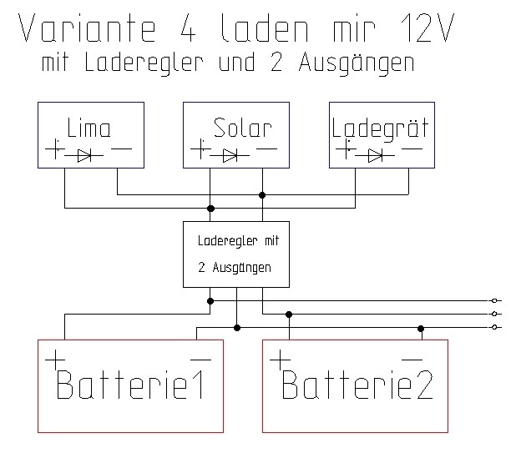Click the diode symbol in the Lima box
pos(83,154)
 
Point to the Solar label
pos(242,128)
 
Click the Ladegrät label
pos(380,129)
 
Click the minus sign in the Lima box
pos(121,149)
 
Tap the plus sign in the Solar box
pos(199,151)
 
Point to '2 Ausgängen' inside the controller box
pos(234,269)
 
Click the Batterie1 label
pos(131,386)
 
